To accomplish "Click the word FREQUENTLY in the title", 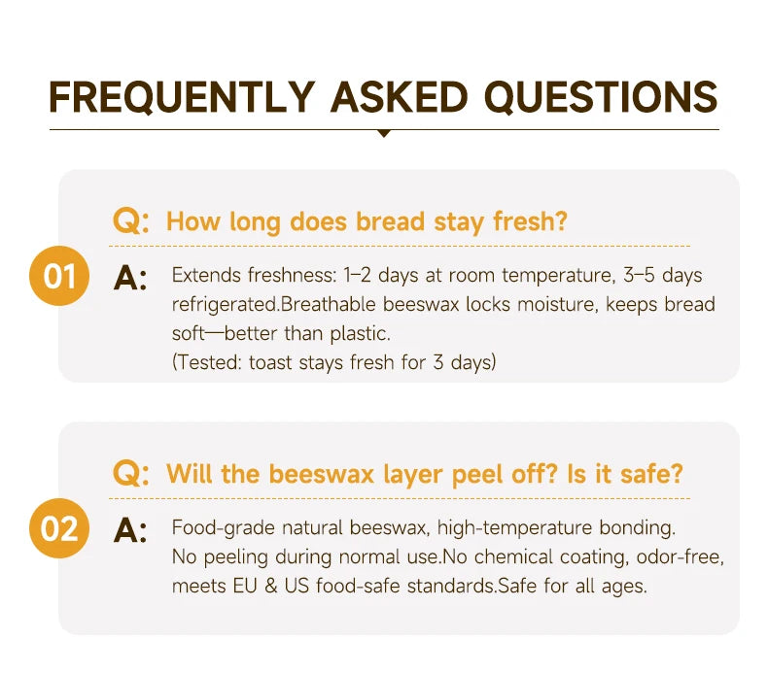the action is (x=181, y=97).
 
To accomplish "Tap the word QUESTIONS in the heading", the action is (x=601, y=97).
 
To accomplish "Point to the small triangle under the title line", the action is (x=385, y=133).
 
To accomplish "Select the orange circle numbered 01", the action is (x=59, y=276).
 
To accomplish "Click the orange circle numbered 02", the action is (x=59, y=528).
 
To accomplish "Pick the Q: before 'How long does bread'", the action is (x=131, y=221).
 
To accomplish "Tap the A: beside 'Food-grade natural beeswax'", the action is (x=130, y=530).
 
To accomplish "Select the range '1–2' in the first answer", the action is (x=358, y=275).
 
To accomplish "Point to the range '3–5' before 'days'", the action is (x=639, y=275).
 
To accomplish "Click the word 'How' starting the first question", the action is (x=193, y=221).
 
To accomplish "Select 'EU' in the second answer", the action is (x=245, y=586).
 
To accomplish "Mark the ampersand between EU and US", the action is (x=271, y=586).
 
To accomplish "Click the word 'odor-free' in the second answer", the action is (x=680, y=557).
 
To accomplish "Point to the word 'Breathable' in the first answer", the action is (x=329, y=304).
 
